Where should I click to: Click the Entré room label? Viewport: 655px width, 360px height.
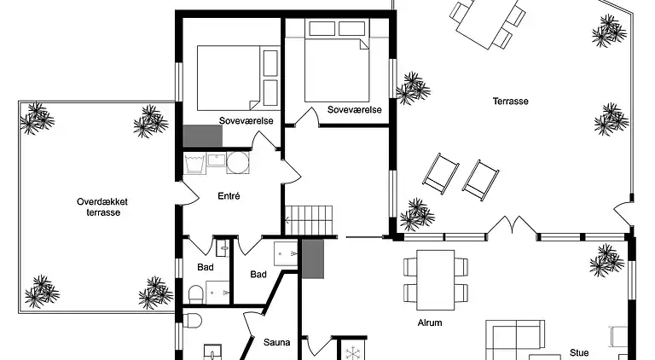pyautogui.click(x=229, y=195)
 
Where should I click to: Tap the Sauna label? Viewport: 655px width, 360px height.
pyautogui.click(x=276, y=342)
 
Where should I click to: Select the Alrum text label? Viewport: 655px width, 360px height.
pyautogui.click(x=429, y=322)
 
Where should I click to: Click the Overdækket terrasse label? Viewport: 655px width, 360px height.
pyautogui.click(x=96, y=206)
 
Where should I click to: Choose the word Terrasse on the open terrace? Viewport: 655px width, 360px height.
pyautogui.click(x=510, y=101)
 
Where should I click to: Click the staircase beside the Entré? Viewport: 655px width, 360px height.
pyautogui.click(x=299, y=218)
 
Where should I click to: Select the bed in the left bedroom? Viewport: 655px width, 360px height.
pyautogui.click(x=229, y=76)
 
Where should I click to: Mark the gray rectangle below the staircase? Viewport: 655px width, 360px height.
pyautogui.click(x=314, y=259)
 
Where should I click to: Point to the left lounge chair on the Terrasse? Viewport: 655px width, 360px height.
pyautogui.click(x=441, y=172)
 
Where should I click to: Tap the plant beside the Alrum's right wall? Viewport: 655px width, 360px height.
pyautogui.click(x=607, y=258)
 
